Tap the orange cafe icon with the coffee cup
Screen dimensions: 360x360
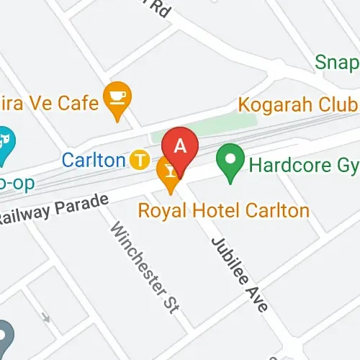116,99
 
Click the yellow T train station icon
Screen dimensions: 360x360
140,158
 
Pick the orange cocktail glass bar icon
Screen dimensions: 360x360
168,173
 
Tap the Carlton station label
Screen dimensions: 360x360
94,159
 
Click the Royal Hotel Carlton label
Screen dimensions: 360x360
222,212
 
